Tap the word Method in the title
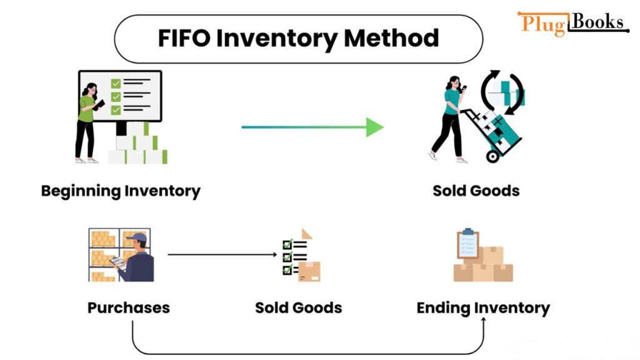click(391, 38)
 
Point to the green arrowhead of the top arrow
click(374, 127)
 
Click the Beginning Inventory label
click(121, 191)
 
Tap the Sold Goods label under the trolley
click(476, 191)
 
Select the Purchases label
click(128, 307)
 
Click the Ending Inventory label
click(483, 307)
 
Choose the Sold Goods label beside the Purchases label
click(298, 307)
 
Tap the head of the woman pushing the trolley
click(454, 82)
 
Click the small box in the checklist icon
click(309, 271)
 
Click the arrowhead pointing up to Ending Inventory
click(484, 319)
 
